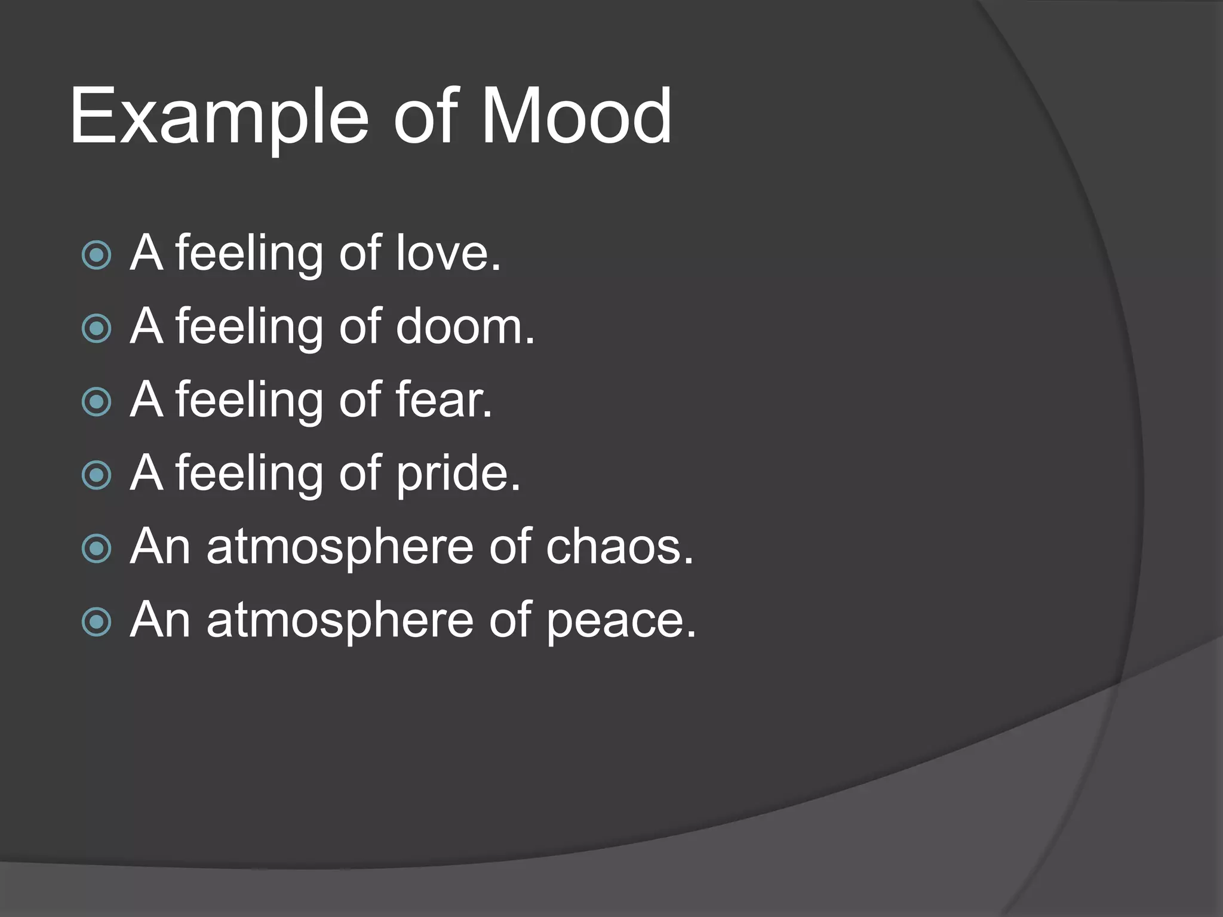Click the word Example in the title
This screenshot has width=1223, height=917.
219,116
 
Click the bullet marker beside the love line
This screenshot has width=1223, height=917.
96,256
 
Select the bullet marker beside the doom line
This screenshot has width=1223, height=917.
96,328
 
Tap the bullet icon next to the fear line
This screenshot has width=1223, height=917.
96,402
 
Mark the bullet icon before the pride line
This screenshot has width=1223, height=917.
96,475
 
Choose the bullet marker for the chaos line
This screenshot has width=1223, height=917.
96,549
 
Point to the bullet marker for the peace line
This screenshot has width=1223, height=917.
96,622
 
